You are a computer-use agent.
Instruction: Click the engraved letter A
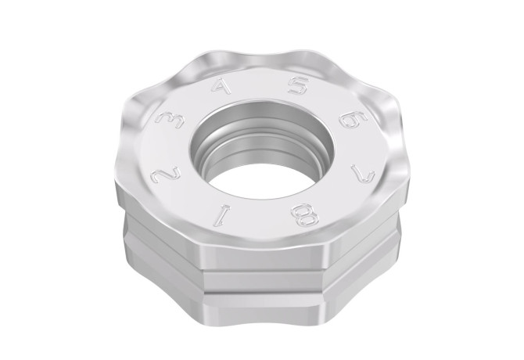coord(223,85)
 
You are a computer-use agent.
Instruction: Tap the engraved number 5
coord(299,85)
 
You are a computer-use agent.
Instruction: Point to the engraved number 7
coord(362,172)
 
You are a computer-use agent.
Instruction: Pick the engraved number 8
coord(305,215)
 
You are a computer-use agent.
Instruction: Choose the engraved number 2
coord(166,175)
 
